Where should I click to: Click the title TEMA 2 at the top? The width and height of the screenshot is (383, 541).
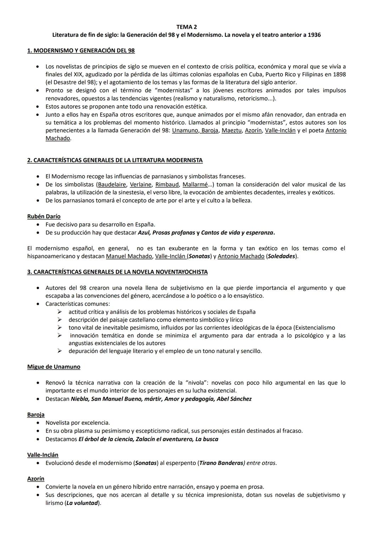pos(187,27)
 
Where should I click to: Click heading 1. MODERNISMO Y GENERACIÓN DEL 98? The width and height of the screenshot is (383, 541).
pos(81,51)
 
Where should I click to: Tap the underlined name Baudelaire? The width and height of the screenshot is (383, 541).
pos(112,185)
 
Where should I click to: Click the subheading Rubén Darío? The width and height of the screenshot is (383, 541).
pos(44,216)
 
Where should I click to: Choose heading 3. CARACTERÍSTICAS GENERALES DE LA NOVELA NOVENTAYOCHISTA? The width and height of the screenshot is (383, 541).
pos(117,272)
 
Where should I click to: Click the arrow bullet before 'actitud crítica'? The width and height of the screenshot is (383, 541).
pos(60,312)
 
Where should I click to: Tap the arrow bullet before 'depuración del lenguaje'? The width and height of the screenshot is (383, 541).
pos(60,351)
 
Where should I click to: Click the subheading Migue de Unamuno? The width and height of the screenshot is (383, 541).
pos(54,367)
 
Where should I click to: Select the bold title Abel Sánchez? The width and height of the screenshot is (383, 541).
pos(234,399)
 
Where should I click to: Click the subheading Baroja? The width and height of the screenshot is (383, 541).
pos(36,415)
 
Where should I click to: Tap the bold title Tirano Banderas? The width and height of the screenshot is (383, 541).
pos(221,463)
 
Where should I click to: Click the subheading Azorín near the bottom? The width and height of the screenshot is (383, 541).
pos(36,479)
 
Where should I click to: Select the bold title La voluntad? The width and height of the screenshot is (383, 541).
pos(82,503)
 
